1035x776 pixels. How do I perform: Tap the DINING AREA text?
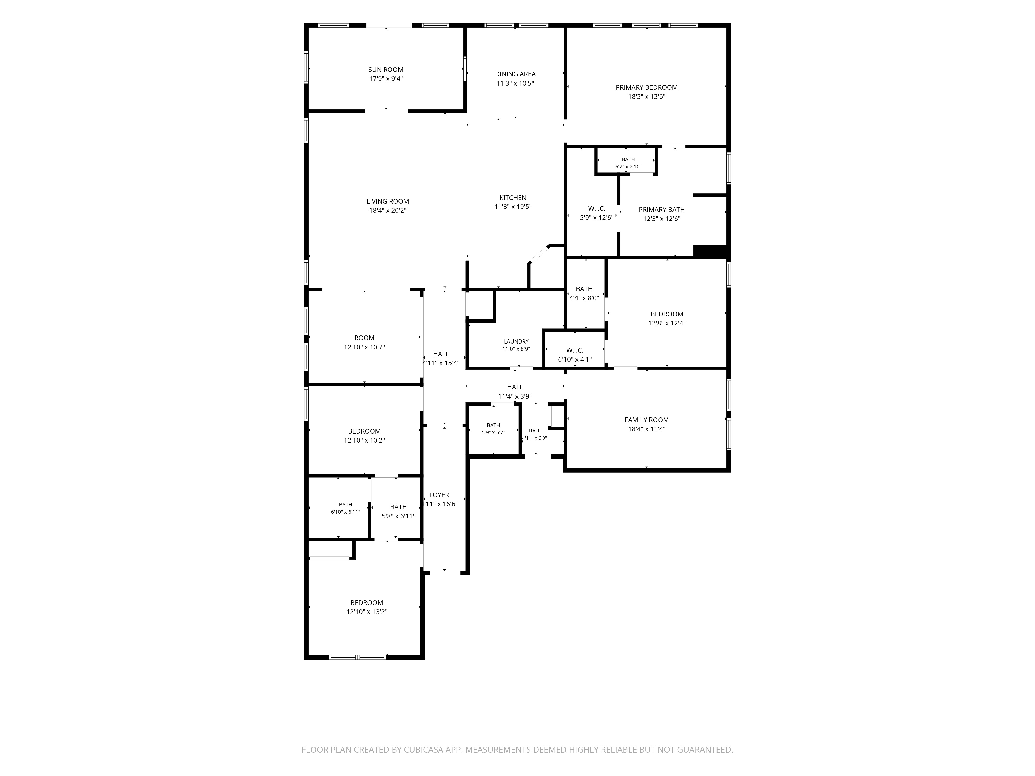tap(515, 74)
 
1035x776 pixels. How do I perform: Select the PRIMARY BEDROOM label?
tap(647, 87)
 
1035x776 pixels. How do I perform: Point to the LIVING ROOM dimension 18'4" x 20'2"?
tap(387, 211)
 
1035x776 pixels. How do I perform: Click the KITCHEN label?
tap(513, 198)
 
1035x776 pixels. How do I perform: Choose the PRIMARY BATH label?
tap(662, 210)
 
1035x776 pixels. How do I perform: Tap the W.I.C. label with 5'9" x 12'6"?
tap(597, 209)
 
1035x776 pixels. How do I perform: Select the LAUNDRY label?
tap(516, 341)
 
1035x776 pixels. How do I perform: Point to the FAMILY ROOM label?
tap(647, 420)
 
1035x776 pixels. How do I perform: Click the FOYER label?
tap(439, 495)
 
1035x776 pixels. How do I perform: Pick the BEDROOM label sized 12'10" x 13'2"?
tap(367, 603)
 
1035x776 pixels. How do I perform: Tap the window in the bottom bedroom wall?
tap(358, 657)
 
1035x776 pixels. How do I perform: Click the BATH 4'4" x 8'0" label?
tap(584, 289)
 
